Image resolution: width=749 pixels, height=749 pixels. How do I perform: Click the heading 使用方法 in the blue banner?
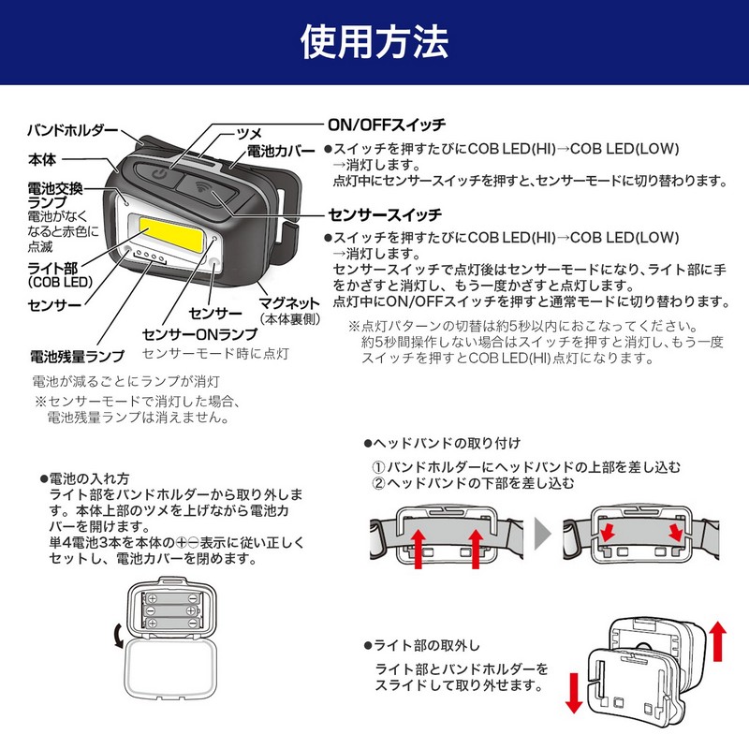(374, 41)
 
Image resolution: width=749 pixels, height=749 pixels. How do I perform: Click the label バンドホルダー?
(72, 129)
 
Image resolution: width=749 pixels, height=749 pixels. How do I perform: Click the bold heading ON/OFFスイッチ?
(385, 125)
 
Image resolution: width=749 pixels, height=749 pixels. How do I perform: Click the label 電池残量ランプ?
(78, 357)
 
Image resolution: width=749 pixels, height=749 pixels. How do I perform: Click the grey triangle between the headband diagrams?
(542, 536)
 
